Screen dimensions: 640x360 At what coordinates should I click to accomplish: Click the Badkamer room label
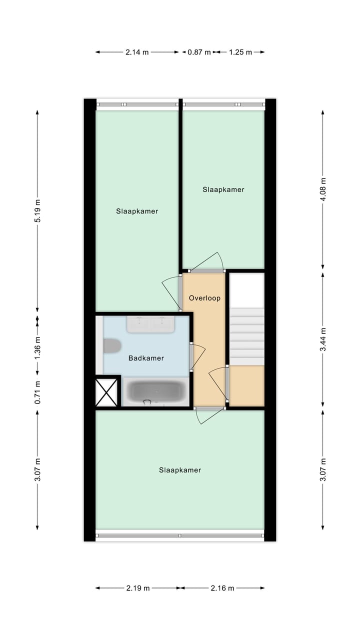pos(146,358)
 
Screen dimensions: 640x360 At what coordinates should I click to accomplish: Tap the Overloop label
pos(204,298)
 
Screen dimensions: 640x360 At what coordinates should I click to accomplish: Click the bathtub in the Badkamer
pos(155,392)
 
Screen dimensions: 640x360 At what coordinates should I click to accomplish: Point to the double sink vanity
pos(150,324)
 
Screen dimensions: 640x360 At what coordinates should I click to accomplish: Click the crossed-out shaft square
pos(106,392)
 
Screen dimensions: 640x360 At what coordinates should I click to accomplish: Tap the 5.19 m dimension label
pos(37,212)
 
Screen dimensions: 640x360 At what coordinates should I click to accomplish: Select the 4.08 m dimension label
pos(323,189)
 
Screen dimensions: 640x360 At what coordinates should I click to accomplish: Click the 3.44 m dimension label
pos(323,339)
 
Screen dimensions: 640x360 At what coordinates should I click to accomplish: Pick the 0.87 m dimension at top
pos(199,51)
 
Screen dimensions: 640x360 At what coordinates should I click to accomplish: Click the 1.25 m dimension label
pos(240,51)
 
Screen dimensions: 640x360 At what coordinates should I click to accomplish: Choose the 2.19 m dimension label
pos(137,588)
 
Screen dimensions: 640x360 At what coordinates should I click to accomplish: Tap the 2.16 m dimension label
pos(222,588)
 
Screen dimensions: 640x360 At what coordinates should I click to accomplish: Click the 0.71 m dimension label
pos(37,392)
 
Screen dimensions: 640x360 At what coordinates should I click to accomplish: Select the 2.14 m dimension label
pos(137,51)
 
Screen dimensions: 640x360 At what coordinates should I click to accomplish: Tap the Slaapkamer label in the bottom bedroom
pos(180,470)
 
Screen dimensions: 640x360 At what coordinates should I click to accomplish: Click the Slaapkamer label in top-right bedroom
pos(223,189)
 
